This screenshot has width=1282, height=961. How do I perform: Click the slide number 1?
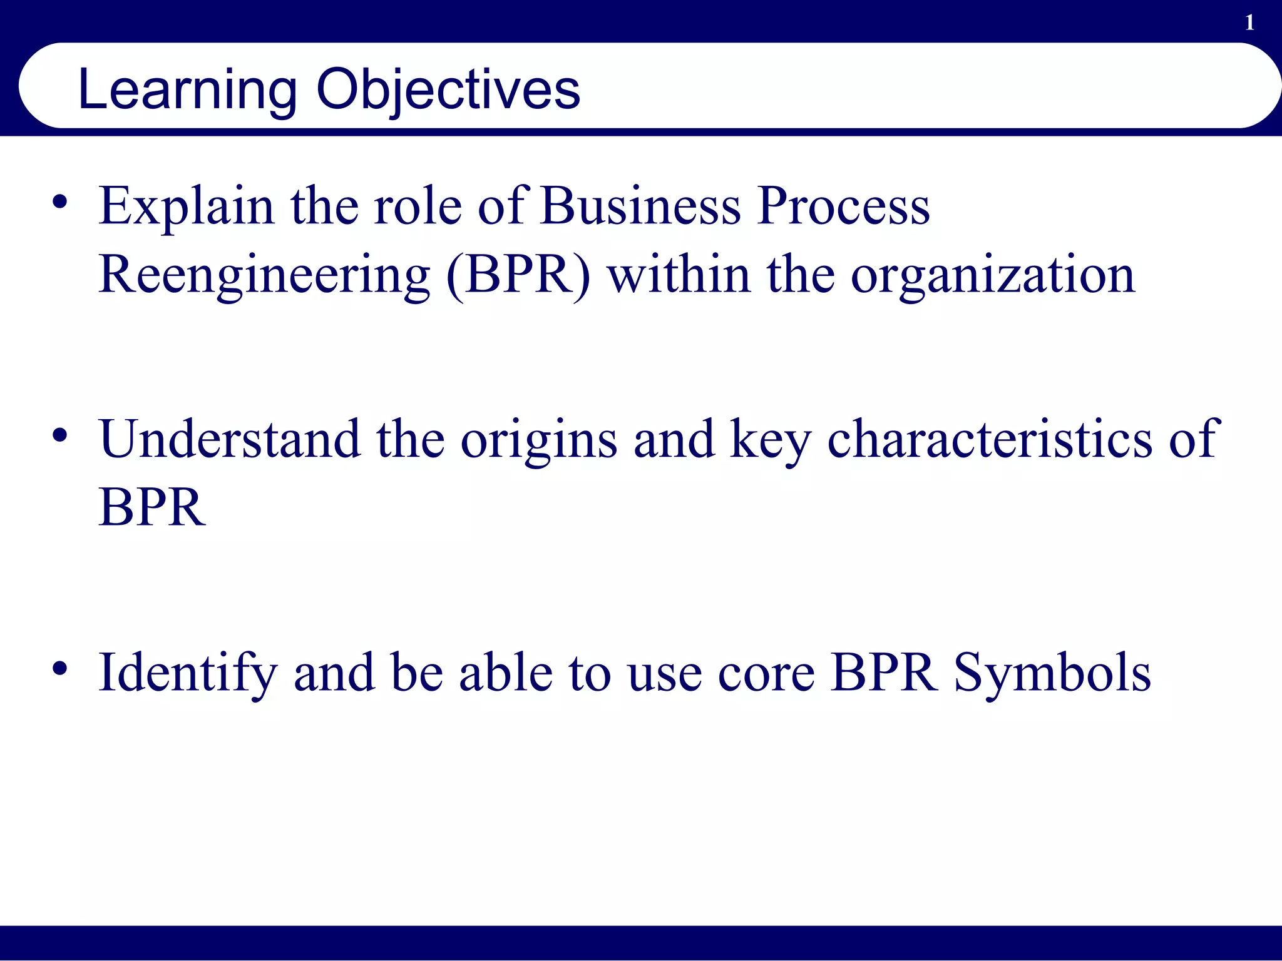[1249, 23]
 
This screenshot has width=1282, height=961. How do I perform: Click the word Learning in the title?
[187, 91]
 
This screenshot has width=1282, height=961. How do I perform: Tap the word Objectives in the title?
[448, 91]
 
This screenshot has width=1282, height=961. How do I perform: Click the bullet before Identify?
[60, 668]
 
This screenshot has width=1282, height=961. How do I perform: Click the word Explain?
[186, 206]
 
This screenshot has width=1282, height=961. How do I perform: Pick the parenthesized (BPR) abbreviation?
[518, 275]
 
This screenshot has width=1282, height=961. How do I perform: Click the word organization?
[993, 275]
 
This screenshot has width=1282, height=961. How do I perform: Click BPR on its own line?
[151, 507]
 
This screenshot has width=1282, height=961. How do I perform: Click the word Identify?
[187, 673]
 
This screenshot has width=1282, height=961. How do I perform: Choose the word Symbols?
[1052, 673]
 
